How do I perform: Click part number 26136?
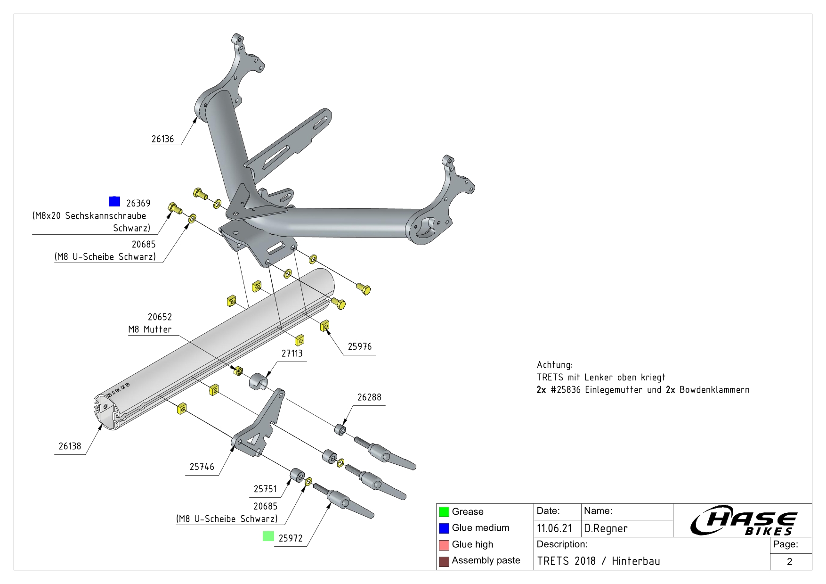click(162, 139)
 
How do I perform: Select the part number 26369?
click(138, 203)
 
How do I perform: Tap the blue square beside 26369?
click(114, 201)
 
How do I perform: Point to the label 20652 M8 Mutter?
click(150, 323)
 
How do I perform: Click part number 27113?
click(292, 354)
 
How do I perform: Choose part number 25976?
click(359, 346)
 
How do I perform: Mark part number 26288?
click(369, 397)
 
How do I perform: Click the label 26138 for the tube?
click(70, 446)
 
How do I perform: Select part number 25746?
click(202, 467)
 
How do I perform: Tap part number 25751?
click(265, 489)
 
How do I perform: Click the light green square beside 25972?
click(268, 536)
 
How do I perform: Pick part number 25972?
click(291, 538)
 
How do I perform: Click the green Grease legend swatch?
click(444, 512)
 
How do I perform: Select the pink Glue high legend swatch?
click(444, 545)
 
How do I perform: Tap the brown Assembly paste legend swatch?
click(444, 561)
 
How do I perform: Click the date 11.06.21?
click(554, 528)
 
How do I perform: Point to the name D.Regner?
click(606, 528)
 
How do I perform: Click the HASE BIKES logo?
click(743, 521)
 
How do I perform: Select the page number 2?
click(790, 561)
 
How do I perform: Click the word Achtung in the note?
click(554, 365)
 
